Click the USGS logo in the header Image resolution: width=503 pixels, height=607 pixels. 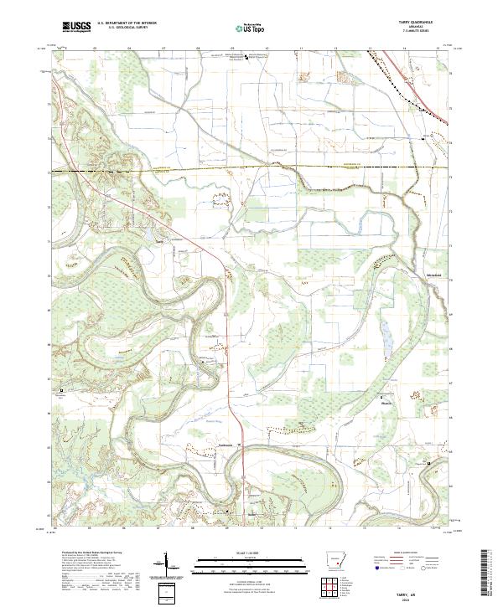(75, 28)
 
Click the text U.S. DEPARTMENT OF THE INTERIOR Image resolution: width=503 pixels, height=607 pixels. (126, 23)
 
